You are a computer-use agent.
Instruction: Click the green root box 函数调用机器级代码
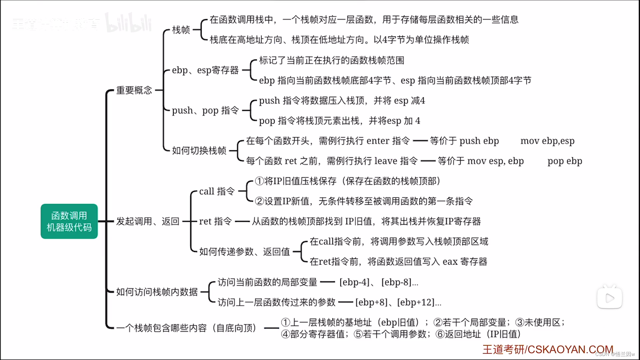coord(69,221)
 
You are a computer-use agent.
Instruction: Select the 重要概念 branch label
coord(134,90)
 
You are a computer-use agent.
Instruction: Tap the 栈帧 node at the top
coord(181,30)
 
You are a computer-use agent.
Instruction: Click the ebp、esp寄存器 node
coord(205,70)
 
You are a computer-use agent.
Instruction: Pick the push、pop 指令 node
coord(205,110)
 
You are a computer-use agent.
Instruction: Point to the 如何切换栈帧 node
coord(199,151)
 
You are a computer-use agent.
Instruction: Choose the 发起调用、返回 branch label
coord(148,221)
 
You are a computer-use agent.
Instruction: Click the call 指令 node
coord(217,191)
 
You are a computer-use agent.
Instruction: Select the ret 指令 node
coord(215,221)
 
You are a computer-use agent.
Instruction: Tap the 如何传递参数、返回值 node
coord(245,252)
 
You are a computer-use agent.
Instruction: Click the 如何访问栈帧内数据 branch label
coord(157,292)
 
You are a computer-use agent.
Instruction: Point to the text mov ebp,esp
coord(547,141)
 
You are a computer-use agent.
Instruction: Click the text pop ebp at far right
coord(565,161)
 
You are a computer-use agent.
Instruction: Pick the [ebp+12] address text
coord(417,302)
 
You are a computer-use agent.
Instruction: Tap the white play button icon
coord(609,298)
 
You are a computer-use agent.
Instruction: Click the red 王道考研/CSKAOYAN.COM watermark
coord(548,349)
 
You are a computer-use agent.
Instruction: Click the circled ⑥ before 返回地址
coord(440,334)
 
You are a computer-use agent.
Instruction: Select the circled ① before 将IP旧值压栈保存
coord(259,181)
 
